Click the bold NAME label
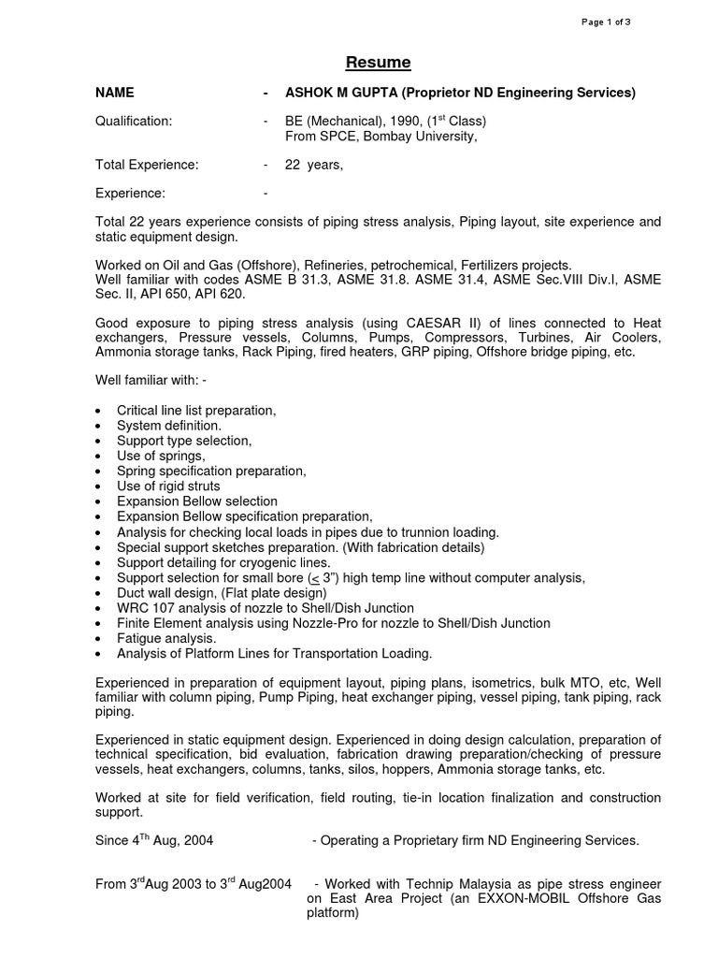[x=115, y=93]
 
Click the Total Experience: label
[x=147, y=165]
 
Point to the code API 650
[x=168, y=294]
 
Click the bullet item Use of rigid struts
[x=168, y=486]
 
